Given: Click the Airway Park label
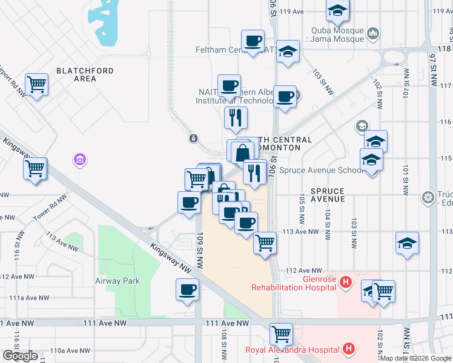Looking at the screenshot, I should click(x=117, y=281).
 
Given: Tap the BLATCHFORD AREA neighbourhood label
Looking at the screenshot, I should click(x=85, y=74).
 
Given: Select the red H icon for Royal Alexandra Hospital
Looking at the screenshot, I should click(x=348, y=349).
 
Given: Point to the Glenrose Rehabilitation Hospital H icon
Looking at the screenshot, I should click(x=345, y=281).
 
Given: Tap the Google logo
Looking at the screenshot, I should click(x=21, y=356).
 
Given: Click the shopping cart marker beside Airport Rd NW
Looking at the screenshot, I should click(x=37, y=84).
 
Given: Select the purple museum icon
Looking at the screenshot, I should click(x=80, y=160).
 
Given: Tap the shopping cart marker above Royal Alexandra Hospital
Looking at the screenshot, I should click(x=281, y=333).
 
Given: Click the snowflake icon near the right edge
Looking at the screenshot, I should click(x=428, y=197).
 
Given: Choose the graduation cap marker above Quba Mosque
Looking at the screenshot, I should click(x=337, y=10).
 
